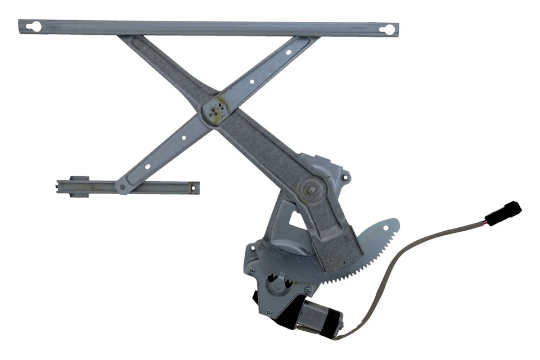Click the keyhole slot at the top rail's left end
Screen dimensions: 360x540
coord(33,26)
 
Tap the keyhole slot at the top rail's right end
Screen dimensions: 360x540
coord(386,29)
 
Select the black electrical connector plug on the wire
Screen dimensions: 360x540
coord(503,213)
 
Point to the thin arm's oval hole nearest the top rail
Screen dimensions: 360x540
coord(288,52)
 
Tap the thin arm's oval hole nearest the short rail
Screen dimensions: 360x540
coord(148,166)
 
